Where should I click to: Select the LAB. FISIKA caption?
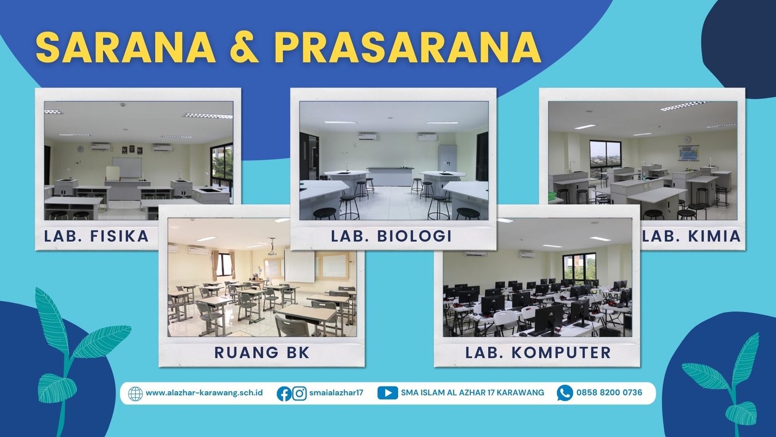click(97, 236)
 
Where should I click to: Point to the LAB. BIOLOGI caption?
click(391, 236)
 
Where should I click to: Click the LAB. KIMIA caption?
click(692, 236)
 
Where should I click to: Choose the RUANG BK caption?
click(262, 353)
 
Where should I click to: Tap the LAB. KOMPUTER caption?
click(538, 353)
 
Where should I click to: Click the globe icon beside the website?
click(135, 394)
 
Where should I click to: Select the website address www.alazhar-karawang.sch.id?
click(204, 393)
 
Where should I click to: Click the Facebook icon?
click(284, 394)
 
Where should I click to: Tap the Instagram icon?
click(299, 394)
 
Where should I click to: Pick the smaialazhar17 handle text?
click(336, 393)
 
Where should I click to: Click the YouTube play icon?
click(388, 393)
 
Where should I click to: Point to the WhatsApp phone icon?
click(565, 393)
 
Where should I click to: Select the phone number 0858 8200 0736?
click(609, 393)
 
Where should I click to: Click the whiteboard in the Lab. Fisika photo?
click(127, 168)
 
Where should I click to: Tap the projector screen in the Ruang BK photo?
click(300, 265)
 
